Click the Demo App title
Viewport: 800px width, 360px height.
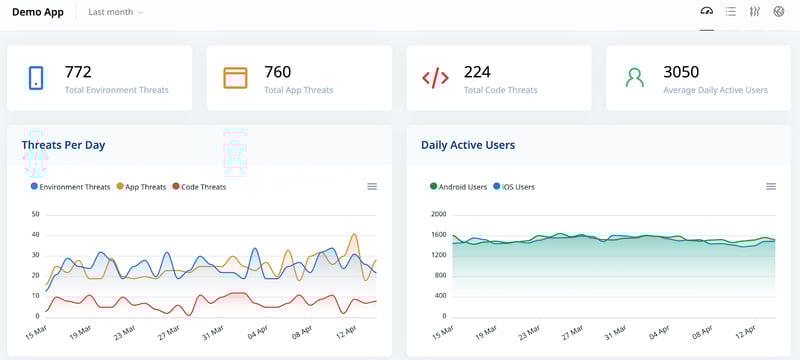38,12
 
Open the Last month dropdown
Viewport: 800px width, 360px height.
115,12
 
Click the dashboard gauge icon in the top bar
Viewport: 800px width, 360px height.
707,12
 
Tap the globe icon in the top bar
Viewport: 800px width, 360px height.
779,12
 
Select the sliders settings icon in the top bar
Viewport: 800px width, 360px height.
755,12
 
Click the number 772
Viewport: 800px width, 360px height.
78,72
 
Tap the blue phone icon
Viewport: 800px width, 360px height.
36,78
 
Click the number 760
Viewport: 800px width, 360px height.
278,72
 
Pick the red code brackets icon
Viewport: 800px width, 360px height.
435,78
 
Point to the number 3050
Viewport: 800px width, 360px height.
681,72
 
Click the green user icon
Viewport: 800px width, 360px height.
634,78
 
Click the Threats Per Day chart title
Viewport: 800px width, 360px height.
63,145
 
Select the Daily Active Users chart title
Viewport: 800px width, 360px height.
468,145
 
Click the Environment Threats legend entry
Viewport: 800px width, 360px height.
71,187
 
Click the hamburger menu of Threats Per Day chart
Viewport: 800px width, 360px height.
372,187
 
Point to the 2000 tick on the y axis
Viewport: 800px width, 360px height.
438,214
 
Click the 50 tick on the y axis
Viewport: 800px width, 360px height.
35,214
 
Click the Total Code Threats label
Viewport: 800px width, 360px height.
500,90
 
